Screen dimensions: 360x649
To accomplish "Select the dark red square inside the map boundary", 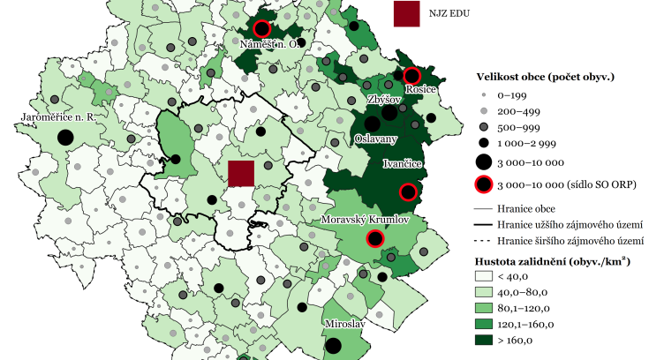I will (241, 173).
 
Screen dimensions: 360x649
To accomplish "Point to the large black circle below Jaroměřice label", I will (64, 137).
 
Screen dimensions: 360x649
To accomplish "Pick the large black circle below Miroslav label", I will (334, 345).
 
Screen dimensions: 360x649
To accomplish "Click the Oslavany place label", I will (375, 139).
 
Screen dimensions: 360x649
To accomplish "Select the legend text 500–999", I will (517, 127).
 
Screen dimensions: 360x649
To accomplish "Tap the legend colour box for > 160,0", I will (485, 340).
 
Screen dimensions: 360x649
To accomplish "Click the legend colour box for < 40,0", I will (485, 276).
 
